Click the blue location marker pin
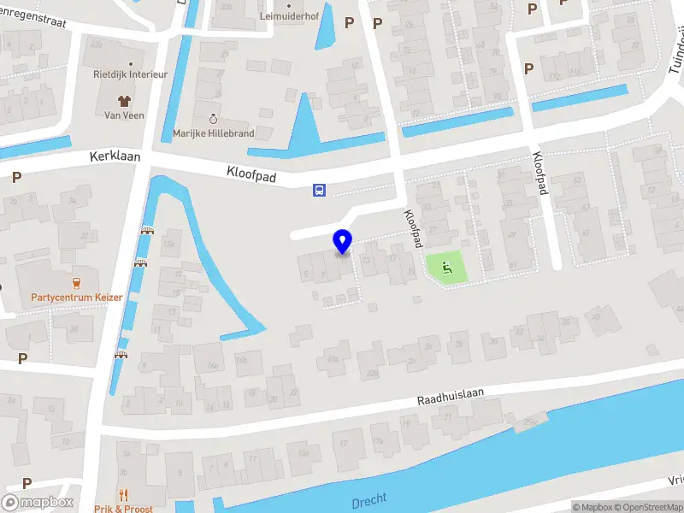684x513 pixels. tap(343, 241)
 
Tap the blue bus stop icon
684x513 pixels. tap(319, 190)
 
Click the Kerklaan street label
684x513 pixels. tap(114, 158)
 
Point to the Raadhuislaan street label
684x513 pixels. tap(451, 394)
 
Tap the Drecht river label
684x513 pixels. tap(369, 500)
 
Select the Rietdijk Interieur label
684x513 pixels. tap(130, 74)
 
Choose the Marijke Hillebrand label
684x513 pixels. tap(213, 134)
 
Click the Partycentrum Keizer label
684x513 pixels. tap(77, 298)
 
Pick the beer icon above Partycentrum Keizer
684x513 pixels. tap(76, 282)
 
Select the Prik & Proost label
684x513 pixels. tap(125, 509)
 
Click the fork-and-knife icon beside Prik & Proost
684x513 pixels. tap(124, 494)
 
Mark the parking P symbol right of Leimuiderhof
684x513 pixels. tap(349, 23)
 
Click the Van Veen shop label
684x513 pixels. tap(124, 115)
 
